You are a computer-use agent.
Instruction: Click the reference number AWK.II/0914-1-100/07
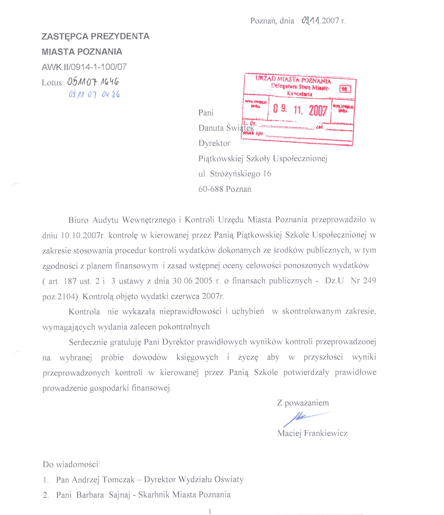tap(84, 67)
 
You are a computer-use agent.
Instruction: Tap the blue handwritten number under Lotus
tap(94, 94)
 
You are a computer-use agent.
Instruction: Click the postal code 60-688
tap(211, 189)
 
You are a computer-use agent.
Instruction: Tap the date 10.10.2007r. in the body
tap(83, 235)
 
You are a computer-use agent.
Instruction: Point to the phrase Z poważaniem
tap(303, 403)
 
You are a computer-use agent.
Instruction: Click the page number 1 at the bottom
tap(210, 511)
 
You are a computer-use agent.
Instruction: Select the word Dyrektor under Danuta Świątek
tap(214, 143)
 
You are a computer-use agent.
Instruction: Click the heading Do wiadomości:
tap(71, 464)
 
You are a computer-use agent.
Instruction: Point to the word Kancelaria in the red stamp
tap(300, 94)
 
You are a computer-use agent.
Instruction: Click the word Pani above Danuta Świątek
tap(206, 113)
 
